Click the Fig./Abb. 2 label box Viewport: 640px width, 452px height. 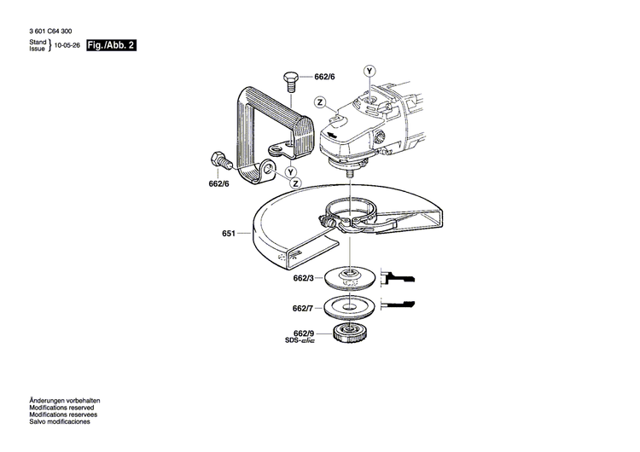tap(111, 44)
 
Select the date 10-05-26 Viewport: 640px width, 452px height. tap(67, 46)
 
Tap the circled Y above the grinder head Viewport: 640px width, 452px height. tap(369, 70)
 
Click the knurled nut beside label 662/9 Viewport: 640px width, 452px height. tap(350, 335)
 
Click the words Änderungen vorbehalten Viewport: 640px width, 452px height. tap(65, 401)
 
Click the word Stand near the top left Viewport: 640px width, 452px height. tap(37, 42)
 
